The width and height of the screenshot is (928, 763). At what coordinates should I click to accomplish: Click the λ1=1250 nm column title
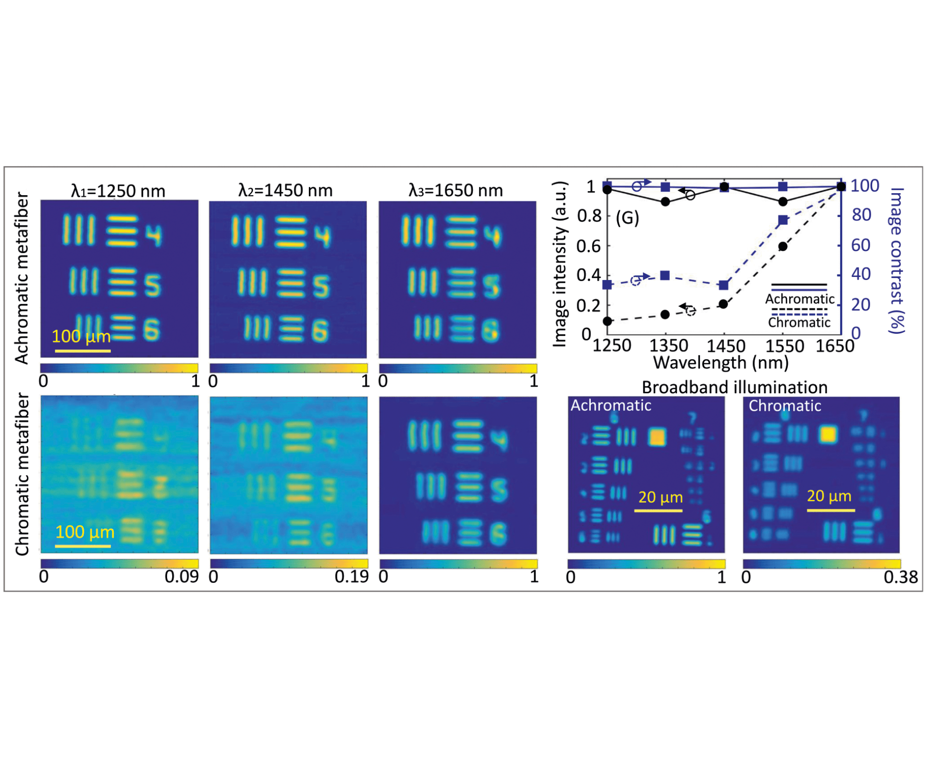coord(118,191)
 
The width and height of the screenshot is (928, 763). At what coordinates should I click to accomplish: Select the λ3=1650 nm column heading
coord(456,191)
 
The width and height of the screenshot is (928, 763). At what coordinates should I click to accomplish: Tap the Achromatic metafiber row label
coord(21,278)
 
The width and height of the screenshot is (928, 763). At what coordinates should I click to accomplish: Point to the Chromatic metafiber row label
coord(21,474)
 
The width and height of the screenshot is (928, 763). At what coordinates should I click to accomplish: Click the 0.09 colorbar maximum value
coord(181,577)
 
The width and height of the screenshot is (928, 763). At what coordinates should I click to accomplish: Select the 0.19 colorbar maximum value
coord(351,577)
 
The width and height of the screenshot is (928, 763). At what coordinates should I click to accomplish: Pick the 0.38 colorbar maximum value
coord(900,577)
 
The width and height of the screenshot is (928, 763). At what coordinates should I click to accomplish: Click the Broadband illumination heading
coord(734,387)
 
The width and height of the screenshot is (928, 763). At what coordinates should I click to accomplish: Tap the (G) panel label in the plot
coord(627,218)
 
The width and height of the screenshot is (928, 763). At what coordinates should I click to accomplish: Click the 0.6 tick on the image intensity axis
coord(588,246)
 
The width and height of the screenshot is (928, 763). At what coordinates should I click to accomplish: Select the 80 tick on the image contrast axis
coord(861,215)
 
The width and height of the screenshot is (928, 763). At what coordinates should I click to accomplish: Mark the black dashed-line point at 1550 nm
coord(783,247)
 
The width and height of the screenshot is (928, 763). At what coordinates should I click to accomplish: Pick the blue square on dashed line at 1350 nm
coord(665,276)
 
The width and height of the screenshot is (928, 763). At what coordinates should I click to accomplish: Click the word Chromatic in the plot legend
coord(799,323)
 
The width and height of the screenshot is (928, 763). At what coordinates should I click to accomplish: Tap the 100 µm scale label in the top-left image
coord(81,336)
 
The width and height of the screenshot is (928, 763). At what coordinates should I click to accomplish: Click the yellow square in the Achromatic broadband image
coord(657,437)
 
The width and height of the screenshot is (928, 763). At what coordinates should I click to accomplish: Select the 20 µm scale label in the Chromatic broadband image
coord(829,496)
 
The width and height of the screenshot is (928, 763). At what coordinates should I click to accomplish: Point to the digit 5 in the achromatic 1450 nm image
coord(321,286)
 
